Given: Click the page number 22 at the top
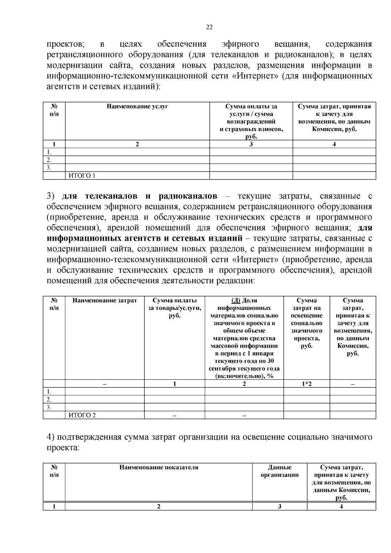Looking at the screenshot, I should click(209, 27).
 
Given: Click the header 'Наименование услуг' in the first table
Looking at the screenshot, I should click(137, 107).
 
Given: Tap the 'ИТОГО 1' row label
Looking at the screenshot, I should click(81, 176).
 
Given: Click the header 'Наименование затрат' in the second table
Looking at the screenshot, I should click(105, 300).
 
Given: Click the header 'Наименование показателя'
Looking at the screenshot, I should click(159, 467).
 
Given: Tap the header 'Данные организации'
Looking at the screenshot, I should click(280, 471).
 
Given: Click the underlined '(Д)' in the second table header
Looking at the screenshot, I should click(236, 300).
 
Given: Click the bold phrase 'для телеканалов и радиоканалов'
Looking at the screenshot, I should click(139, 196).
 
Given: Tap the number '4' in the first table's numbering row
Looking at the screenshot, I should click(334, 144).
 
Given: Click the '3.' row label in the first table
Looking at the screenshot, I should click(49, 168).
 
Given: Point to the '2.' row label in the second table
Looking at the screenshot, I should click(49, 400).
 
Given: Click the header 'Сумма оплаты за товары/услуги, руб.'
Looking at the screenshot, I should click(175, 308).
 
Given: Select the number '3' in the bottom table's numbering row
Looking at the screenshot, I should click(280, 506).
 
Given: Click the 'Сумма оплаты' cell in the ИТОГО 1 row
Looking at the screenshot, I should click(251, 176).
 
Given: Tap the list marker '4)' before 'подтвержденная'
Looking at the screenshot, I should click(51, 437).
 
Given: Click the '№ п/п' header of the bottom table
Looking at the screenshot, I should click(54, 471).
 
